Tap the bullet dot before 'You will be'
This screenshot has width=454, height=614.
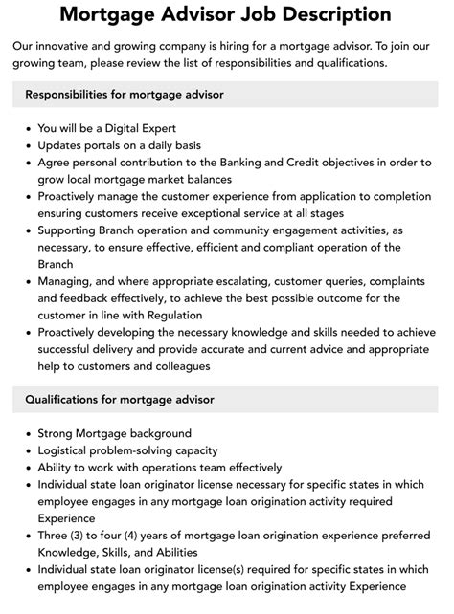tap(27, 128)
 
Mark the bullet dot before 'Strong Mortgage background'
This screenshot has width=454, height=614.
tap(27, 433)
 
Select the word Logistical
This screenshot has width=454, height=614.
tap(71, 450)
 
